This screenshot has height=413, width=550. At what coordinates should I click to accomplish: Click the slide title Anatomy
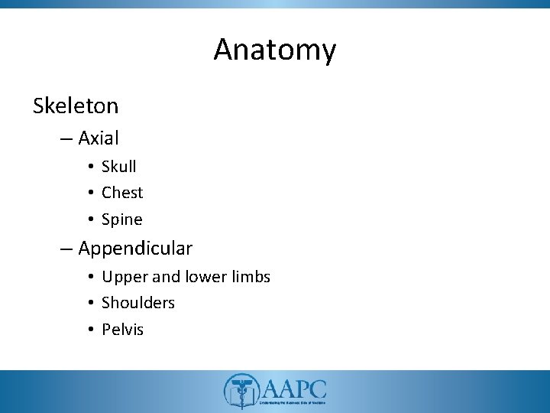click(274, 50)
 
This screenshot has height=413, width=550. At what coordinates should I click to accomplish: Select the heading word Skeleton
click(76, 106)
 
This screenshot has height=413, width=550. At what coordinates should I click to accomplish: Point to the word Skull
click(119, 166)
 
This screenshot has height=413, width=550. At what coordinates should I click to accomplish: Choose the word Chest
click(122, 193)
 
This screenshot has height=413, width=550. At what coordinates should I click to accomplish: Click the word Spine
click(122, 220)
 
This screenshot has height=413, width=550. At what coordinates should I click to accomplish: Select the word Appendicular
click(135, 249)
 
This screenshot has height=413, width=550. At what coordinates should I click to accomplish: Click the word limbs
click(249, 276)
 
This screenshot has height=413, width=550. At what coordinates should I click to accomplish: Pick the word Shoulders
click(138, 303)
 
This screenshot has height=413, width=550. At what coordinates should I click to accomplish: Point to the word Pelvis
click(123, 330)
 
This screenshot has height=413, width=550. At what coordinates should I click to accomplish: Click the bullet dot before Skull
click(90, 167)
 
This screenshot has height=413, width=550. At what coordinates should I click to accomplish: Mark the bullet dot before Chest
click(90, 193)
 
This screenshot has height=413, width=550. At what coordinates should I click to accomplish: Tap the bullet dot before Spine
click(90, 220)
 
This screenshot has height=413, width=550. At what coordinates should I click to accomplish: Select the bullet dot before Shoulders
click(90, 304)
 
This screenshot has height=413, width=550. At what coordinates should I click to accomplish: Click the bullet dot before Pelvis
click(90, 330)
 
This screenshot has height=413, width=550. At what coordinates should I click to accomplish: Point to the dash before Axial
click(64, 139)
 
